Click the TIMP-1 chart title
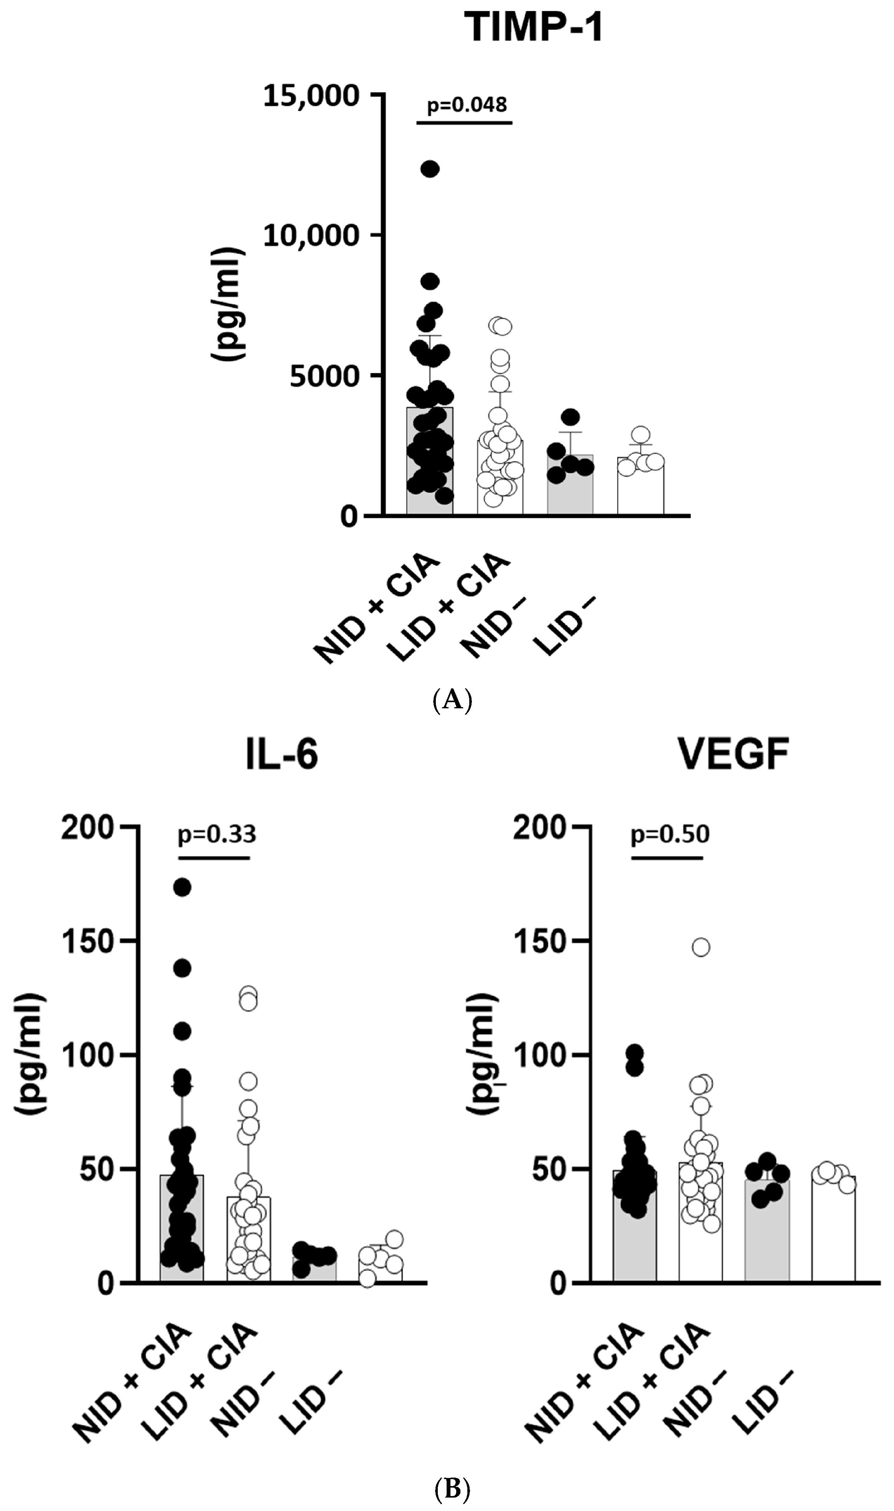[x=534, y=28]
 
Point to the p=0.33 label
[x=217, y=835]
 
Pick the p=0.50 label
[x=670, y=835]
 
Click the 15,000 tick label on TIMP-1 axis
[x=311, y=96]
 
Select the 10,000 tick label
[x=311, y=236]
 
